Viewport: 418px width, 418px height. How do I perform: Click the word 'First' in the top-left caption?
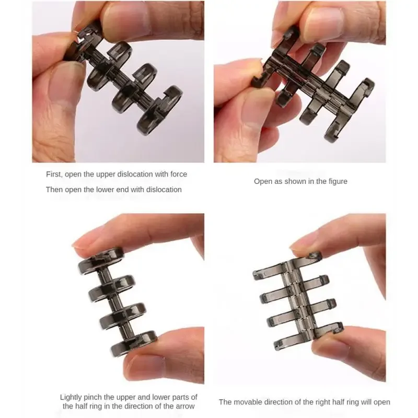tap(54, 174)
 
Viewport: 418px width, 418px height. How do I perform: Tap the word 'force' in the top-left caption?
tap(177, 174)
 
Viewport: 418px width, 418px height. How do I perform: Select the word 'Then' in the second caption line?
tap(54, 190)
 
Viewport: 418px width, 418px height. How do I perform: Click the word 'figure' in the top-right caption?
tap(336, 181)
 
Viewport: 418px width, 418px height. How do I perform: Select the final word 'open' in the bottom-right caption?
tap(380, 402)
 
